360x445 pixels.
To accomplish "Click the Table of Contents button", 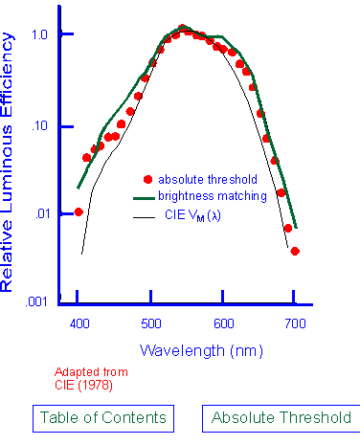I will [x=102, y=417].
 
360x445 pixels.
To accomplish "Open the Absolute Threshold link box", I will [x=281, y=417].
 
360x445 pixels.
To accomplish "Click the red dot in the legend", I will [x=147, y=179].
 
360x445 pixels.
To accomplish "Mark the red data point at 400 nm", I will [x=79, y=211].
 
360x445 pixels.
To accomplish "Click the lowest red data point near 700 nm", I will [x=295, y=251].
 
